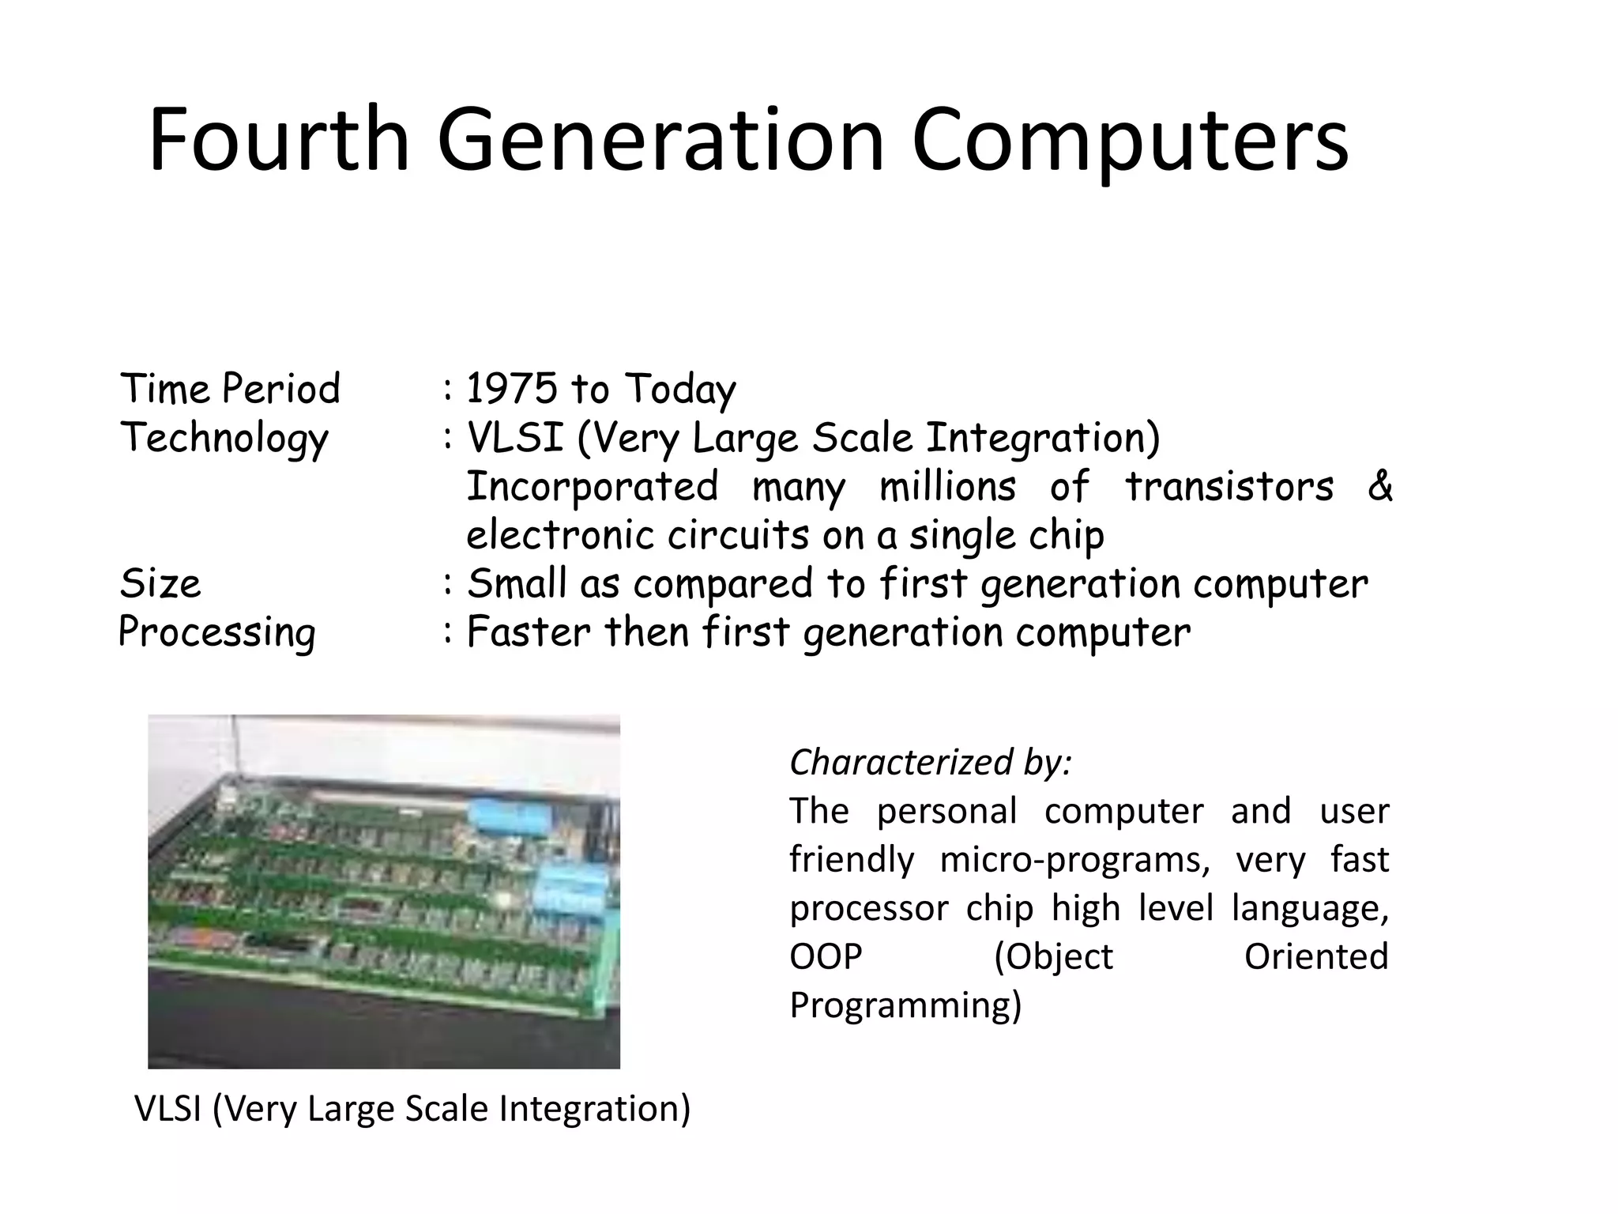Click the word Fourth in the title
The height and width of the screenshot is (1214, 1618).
click(x=278, y=140)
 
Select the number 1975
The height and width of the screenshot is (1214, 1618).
click(x=512, y=389)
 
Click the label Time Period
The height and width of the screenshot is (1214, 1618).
click(x=230, y=389)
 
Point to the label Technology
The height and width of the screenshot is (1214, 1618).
click(x=224, y=438)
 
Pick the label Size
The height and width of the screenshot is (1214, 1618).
click(x=160, y=584)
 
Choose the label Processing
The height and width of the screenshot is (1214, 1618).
click(x=216, y=632)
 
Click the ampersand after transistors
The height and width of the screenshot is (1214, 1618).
click(x=1379, y=486)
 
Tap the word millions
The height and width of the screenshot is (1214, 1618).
click(x=947, y=486)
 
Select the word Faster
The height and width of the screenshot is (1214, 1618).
click(x=528, y=632)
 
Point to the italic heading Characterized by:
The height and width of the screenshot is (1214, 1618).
click(x=930, y=763)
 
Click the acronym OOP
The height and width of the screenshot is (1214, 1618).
click(x=826, y=957)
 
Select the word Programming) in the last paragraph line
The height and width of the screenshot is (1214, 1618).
click(x=905, y=1005)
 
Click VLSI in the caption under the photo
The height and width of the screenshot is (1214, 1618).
click(x=167, y=1108)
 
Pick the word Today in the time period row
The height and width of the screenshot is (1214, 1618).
click(x=680, y=389)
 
